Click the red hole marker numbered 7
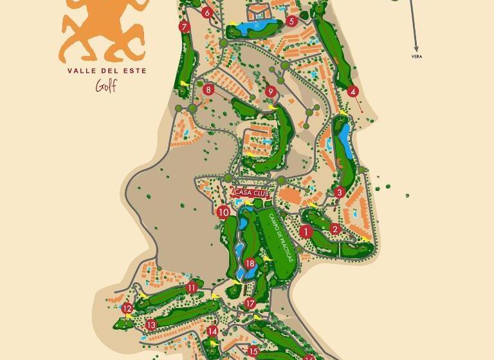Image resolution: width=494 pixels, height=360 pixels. point(185,27)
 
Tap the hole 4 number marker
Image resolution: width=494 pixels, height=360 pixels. point(352,91)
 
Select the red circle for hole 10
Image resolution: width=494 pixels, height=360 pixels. point(223,212)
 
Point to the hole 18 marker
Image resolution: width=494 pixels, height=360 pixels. point(250,264)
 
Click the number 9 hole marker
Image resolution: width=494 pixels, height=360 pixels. point(271,92)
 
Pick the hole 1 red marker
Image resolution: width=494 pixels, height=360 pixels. point(306,231)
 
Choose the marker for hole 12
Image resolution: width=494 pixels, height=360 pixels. point(127,309)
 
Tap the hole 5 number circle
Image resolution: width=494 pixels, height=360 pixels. point(291,21)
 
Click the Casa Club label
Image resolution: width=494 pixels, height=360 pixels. point(251,192)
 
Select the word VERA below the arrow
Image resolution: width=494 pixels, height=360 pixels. point(416,57)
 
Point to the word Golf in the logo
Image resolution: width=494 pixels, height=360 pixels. point(106,86)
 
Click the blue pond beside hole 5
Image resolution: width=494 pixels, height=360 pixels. point(257,27)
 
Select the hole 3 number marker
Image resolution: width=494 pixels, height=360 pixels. point(340,192)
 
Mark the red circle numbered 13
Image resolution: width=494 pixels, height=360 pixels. point(151,325)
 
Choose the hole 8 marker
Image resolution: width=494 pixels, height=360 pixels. point(208,90)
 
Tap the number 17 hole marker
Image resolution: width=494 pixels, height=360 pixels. point(250,303)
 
